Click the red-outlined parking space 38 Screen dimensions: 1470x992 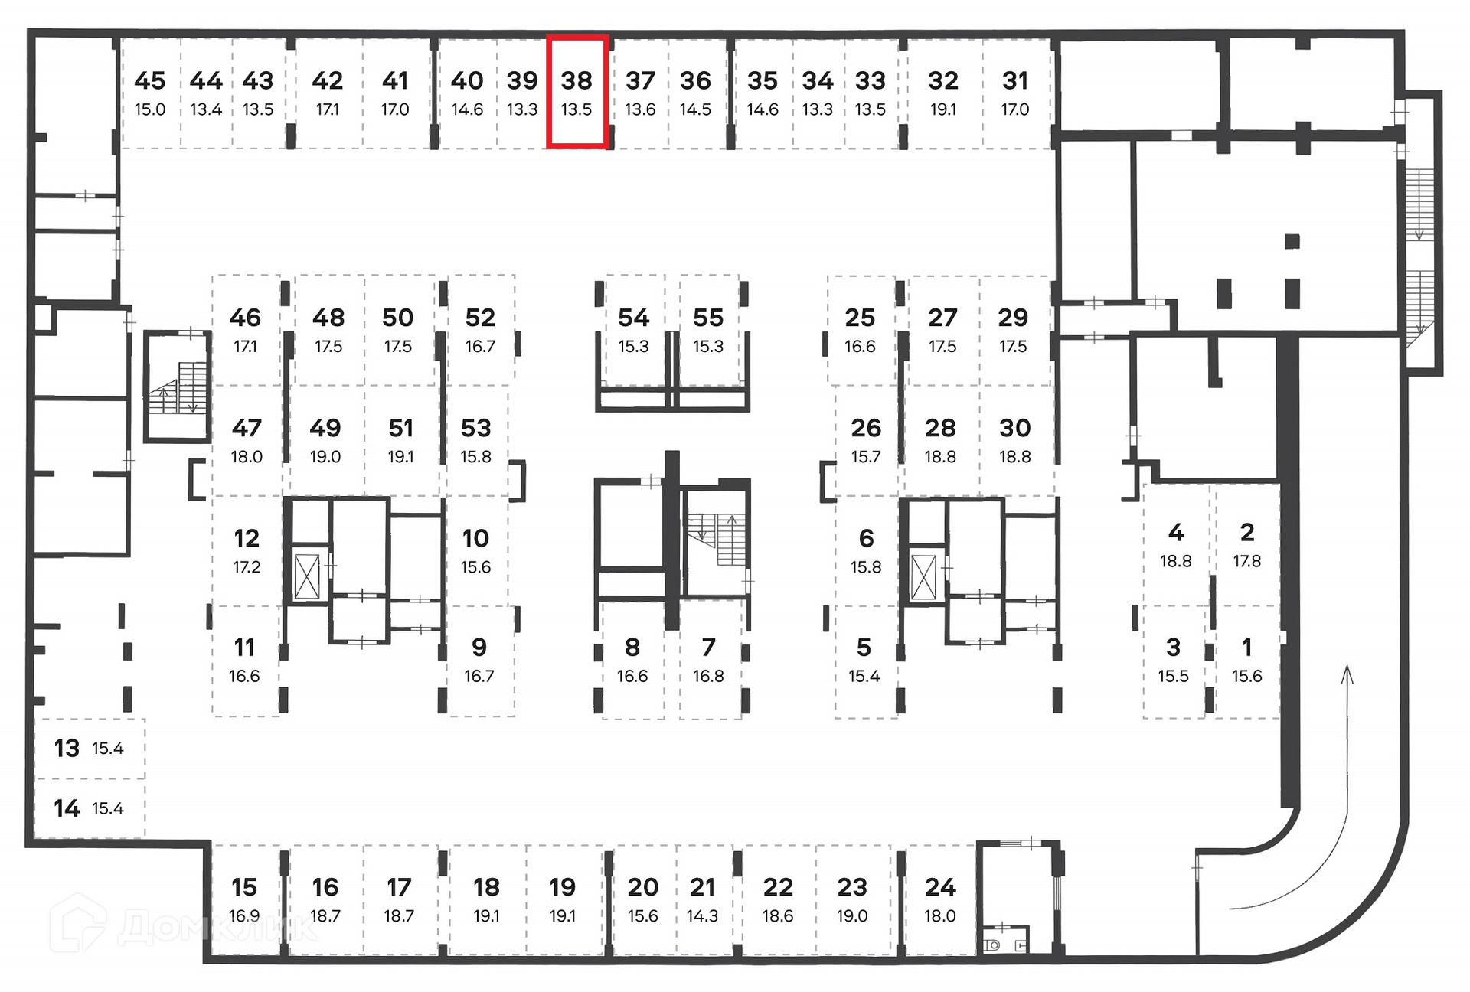pyautogui.click(x=577, y=92)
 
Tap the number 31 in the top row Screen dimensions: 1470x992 pyautogui.click(x=1015, y=81)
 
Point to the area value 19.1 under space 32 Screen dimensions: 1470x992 pyautogui.click(x=943, y=109)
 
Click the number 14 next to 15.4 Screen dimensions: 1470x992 pyautogui.click(x=67, y=808)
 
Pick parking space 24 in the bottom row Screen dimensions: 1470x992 pyautogui.click(x=940, y=899)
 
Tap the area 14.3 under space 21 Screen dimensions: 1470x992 pyautogui.click(x=702, y=916)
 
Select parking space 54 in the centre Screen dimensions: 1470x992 pyautogui.click(x=633, y=330)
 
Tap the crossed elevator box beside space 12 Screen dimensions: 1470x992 pyautogui.click(x=307, y=576)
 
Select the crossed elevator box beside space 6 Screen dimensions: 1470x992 pyautogui.click(x=924, y=576)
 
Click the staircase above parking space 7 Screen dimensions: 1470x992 pyautogui.click(x=717, y=539)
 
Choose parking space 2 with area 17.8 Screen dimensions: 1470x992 pyautogui.click(x=1247, y=544)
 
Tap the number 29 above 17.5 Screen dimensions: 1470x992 pyautogui.click(x=1013, y=318)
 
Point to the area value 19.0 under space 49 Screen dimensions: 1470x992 pyautogui.click(x=325, y=457)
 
